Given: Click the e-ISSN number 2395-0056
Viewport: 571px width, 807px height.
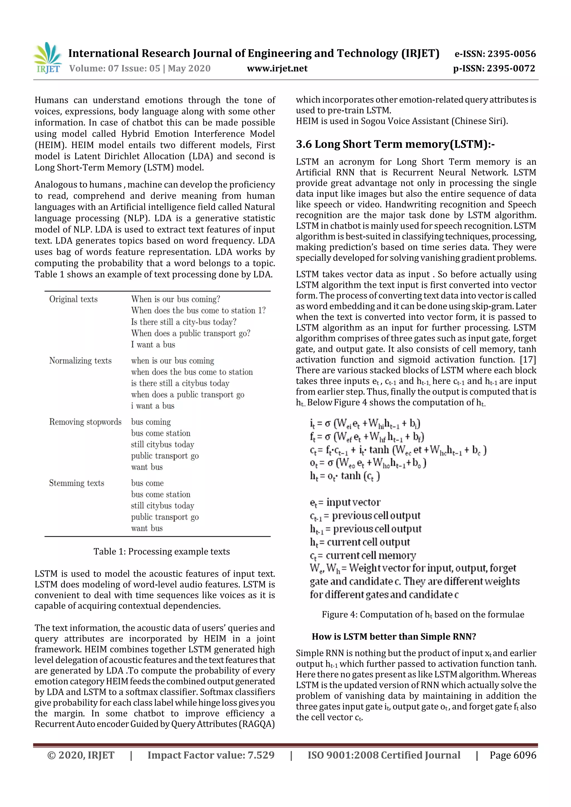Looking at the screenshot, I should pos(495,54).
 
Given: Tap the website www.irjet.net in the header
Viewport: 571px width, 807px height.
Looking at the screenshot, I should pos(277,68).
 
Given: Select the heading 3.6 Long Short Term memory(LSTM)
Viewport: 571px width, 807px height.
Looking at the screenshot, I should pos(395,144).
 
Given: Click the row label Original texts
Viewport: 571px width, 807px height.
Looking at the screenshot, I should pos(73,299).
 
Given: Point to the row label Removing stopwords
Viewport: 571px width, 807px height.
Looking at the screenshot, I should pos(85,422).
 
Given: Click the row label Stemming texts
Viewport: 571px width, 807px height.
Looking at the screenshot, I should pos(77,483).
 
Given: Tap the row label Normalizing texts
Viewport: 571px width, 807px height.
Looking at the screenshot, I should pos(80,361).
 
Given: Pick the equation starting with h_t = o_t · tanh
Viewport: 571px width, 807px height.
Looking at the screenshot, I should pos(345,476).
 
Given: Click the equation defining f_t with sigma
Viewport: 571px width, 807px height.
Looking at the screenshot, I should pos(367,437).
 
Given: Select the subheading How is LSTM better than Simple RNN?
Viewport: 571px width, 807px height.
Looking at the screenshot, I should pos(394,636).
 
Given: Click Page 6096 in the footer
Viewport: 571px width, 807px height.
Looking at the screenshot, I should pos(513,755).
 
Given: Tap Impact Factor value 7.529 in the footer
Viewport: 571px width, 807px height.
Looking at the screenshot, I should pos(211,755).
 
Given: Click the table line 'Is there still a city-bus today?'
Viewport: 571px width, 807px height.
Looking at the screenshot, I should pos(184,322).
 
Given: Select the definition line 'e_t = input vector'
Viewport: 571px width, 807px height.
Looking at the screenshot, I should pos(345,502).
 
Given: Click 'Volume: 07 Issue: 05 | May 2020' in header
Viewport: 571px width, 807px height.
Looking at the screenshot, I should pos(140,68).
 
